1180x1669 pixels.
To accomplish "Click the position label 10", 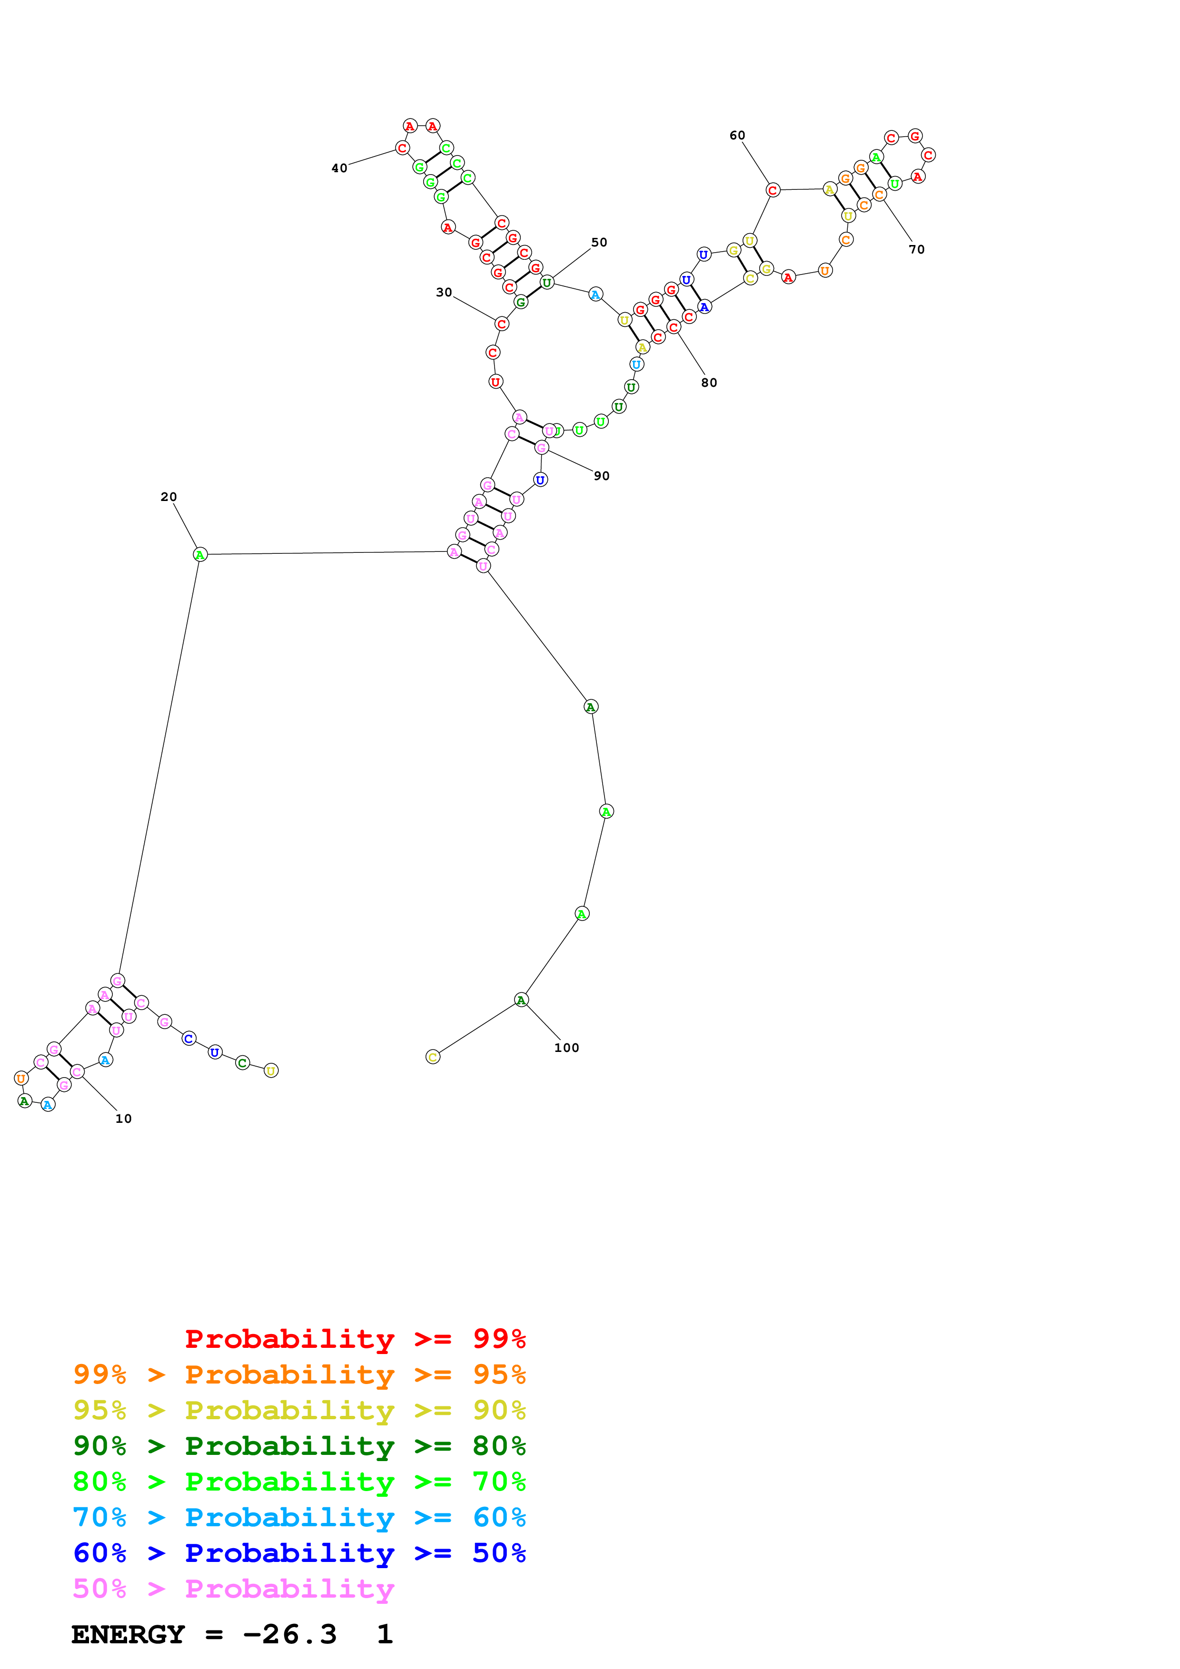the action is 124,1119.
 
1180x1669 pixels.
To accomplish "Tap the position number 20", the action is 169,497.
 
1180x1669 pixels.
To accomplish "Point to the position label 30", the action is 444,292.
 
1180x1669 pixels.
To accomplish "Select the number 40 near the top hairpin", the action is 339,168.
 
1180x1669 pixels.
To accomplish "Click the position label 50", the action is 599,242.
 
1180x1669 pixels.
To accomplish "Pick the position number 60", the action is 737,135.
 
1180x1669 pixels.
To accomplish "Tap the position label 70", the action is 917,249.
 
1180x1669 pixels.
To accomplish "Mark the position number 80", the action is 709,383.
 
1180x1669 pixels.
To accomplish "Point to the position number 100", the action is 566,1048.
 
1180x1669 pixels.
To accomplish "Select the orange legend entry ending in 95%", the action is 299,1374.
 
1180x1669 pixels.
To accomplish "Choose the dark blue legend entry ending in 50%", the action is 299,1553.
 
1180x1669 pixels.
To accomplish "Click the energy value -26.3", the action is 289,1635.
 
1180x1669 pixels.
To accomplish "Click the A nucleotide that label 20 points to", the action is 200,555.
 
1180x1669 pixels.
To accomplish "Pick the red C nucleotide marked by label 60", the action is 773,190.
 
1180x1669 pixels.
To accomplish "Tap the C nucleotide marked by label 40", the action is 402,147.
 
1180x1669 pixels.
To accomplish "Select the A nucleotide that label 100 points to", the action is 521,1000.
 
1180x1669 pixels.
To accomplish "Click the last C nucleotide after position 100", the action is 433,1057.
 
